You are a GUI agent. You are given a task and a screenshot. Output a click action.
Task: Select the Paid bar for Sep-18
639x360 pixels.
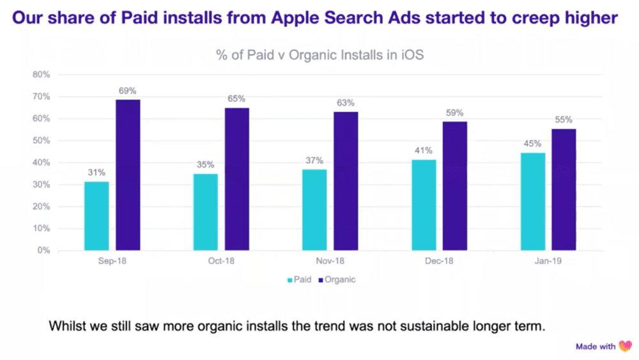pyautogui.click(x=96, y=215)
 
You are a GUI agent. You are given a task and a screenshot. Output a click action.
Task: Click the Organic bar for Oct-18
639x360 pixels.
pyautogui.click(x=236, y=179)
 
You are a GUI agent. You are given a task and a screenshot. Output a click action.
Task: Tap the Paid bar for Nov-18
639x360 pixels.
pyautogui.click(x=314, y=210)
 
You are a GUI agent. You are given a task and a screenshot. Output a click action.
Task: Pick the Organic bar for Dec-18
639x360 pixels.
pyautogui.click(x=455, y=185)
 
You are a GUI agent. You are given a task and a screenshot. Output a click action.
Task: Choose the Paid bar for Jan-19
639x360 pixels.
pyautogui.click(x=533, y=201)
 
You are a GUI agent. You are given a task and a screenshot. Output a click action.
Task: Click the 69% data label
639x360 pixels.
pyautogui.click(x=128, y=90)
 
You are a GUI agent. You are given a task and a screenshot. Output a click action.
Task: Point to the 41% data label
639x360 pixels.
pyautogui.click(x=423, y=151)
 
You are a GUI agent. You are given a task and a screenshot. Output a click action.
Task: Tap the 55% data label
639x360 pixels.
pyautogui.click(x=564, y=120)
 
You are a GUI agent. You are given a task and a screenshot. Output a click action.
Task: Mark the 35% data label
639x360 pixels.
pyautogui.click(x=205, y=164)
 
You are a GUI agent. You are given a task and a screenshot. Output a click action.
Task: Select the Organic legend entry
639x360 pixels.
pyautogui.click(x=340, y=279)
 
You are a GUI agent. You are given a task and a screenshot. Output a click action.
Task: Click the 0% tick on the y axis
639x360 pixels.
pyautogui.click(x=43, y=251)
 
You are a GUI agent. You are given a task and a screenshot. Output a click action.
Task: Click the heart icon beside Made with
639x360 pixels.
pyautogui.click(x=625, y=346)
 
